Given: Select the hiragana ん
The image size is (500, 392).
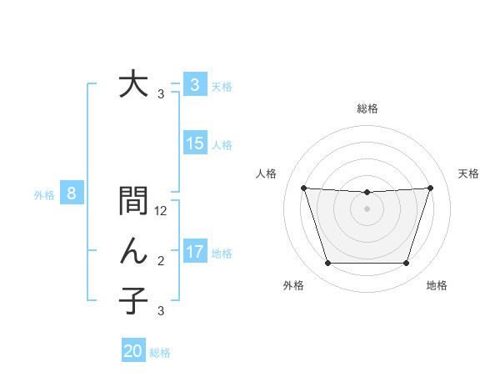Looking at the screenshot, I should [133, 251].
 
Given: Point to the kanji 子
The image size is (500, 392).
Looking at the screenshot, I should [133, 300].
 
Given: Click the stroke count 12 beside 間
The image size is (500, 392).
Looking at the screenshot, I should [161, 211].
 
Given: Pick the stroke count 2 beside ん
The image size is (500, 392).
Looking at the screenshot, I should [161, 261].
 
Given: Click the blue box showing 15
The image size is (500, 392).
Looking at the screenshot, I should [195, 143].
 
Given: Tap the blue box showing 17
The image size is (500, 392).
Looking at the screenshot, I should [195, 252].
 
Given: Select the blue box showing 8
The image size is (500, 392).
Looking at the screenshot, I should [72, 194].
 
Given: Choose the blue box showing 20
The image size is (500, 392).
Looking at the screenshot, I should [133, 351].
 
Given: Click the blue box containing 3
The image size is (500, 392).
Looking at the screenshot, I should [195, 85].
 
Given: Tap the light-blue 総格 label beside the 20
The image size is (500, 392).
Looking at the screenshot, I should [160, 353].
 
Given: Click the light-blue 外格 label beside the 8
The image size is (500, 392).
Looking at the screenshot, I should [44, 196].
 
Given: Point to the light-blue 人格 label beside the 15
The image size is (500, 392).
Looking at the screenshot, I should [222, 145].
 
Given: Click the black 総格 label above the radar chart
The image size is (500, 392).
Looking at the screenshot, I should [367, 108].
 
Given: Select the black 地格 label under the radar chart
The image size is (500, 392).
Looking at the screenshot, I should [437, 286].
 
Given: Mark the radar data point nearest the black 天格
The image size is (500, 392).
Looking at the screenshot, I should [430, 188].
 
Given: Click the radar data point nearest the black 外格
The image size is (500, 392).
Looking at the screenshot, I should [327, 264].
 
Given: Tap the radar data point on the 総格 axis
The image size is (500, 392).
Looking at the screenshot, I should [367, 193].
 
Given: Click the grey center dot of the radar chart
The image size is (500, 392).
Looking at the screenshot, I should [367, 209].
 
